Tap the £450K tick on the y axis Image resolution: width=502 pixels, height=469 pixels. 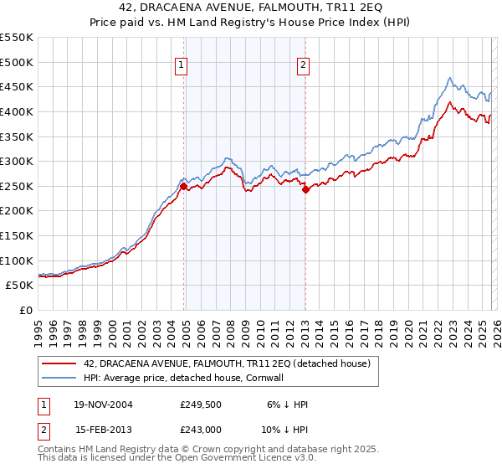(x=17, y=86)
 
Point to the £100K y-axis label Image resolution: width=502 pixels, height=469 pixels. (x=17, y=260)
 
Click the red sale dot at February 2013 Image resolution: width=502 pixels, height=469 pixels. (x=305, y=189)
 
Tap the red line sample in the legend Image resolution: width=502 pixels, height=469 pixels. (x=60, y=363)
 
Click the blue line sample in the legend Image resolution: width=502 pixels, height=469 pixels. (x=60, y=378)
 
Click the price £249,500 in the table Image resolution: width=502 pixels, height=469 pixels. (x=199, y=405)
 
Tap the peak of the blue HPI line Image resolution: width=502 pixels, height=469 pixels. (x=449, y=79)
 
